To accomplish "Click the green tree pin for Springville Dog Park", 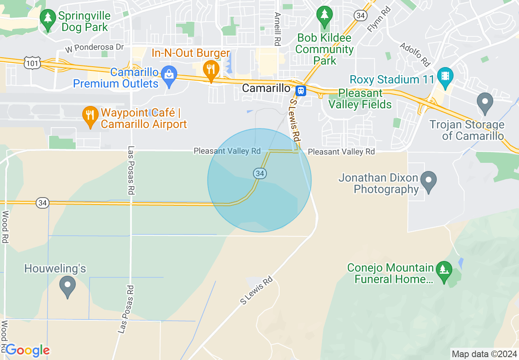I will (48, 19).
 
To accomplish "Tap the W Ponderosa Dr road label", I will (94, 47).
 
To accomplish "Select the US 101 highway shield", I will (31, 63).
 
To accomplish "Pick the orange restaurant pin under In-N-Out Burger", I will (211, 70).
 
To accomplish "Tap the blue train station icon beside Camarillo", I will (301, 90).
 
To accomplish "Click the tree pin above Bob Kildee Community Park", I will (325, 15).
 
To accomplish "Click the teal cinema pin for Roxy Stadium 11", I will (445, 76).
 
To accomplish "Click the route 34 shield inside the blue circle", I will (259, 173).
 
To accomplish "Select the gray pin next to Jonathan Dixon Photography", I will (429, 180).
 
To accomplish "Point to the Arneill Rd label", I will (278, 29).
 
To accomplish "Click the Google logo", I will (27, 350).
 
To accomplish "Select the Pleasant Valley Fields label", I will (361, 99).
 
